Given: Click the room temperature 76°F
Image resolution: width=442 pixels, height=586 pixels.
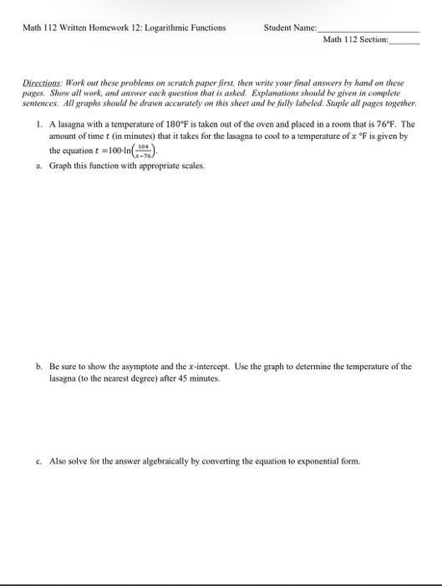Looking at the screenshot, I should click(x=391, y=123).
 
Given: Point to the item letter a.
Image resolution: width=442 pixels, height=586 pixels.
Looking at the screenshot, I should click(x=38, y=166).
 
